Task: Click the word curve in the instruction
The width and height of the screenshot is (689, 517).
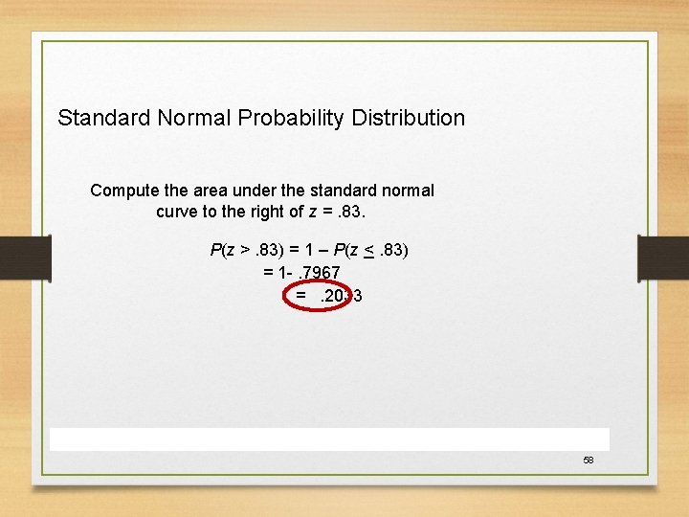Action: click(x=179, y=211)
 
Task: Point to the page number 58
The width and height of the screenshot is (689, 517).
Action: click(x=589, y=461)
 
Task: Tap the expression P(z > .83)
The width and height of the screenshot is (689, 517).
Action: click(x=244, y=251)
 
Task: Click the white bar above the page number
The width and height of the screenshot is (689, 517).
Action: click(x=329, y=438)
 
